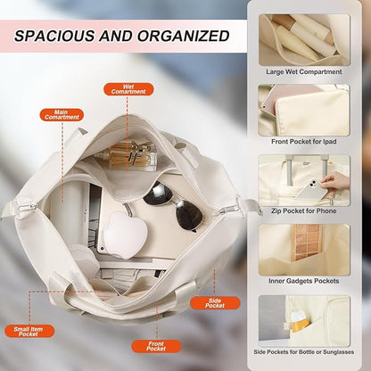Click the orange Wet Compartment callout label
pyautogui.click(x=128, y=89)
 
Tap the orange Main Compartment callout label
pyautogui.click(x=62, y=115)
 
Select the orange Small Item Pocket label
pyautogui.click(x=29, y=331)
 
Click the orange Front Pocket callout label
pyautogui.click(x=156, y=346)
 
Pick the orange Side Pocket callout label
pyautogui.click(x=215, y=303)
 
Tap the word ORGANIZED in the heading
pyautogui.click(x=183, y=37)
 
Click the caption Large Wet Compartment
pyautogui.click(x=304, y=71)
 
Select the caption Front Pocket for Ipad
pyautogui.click(x=304, y=142)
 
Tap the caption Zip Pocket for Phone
pyautogui.click(x=304, y=211)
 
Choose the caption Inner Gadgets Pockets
pyautogui.click(x=304, y=281)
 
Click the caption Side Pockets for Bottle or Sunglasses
pyautogui.click(x=304, y=352)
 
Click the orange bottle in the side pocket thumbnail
pyautogui.click(x=299, y=322)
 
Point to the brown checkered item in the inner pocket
pyautogui.click(x=307, y=242)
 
